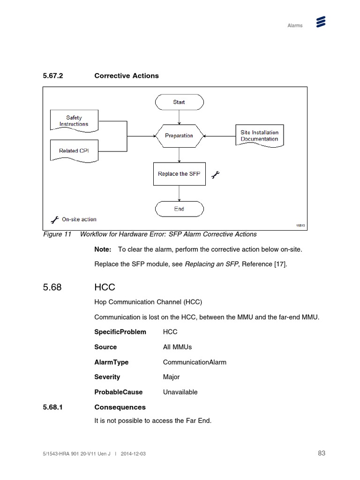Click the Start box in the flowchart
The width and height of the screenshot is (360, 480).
[x=179, y=102]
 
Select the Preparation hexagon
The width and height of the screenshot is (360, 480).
[x=179, y=136]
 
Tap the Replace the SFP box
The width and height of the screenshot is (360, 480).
[x=179, y=174]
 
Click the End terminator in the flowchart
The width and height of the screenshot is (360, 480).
[x=179, y=209]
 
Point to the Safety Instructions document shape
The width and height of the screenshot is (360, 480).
[x=74, y=120]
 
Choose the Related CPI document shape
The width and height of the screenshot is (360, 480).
[x=74, y=150]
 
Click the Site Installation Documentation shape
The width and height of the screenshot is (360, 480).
[x=259, y=136]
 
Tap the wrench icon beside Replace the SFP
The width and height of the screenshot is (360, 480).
[x=216, y=175]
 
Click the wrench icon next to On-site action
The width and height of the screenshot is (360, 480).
[x=54, y=219]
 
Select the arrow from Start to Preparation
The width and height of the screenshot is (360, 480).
[x=179, y=117]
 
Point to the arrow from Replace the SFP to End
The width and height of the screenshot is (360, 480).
[x=179, y=193]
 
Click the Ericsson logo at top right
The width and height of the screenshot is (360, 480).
[x=321, y=22]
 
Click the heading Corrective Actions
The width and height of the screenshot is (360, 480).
[x=127, y=75]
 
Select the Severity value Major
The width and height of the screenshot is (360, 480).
[x=171, y=377]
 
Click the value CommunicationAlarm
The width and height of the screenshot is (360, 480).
[x=195, y=362]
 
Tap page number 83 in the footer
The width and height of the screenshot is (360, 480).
[x=321, y=453]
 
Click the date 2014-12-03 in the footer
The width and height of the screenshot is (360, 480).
[x=136, y=454]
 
